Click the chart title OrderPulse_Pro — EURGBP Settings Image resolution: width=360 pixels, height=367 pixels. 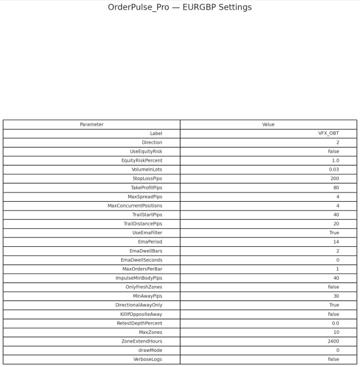coord(180,7)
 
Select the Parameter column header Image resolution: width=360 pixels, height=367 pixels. coord(92,124)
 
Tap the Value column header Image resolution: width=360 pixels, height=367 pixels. coord(268,124)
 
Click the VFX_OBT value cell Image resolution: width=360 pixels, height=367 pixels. coord(328,133)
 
